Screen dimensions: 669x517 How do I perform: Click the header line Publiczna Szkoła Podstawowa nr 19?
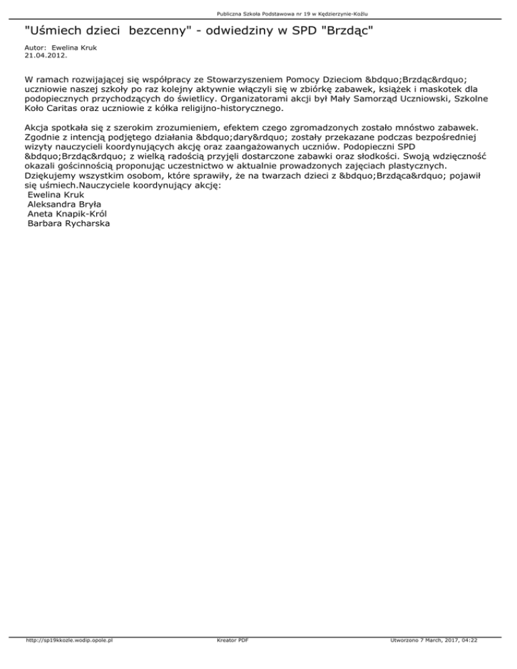pos(258,13)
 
